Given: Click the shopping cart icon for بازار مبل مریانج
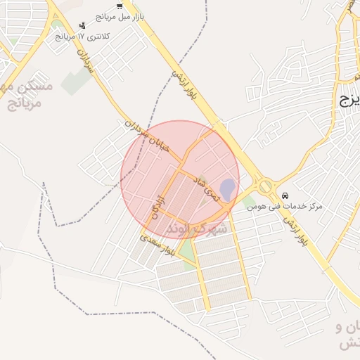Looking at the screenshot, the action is [119, 6].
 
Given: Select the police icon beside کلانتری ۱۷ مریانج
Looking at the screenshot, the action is [82, 26].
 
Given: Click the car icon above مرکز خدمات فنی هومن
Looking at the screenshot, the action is [285, 195].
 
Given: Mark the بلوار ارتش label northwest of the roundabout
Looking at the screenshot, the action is [185, 81].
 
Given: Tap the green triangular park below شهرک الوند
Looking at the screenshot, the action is [186, 250].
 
